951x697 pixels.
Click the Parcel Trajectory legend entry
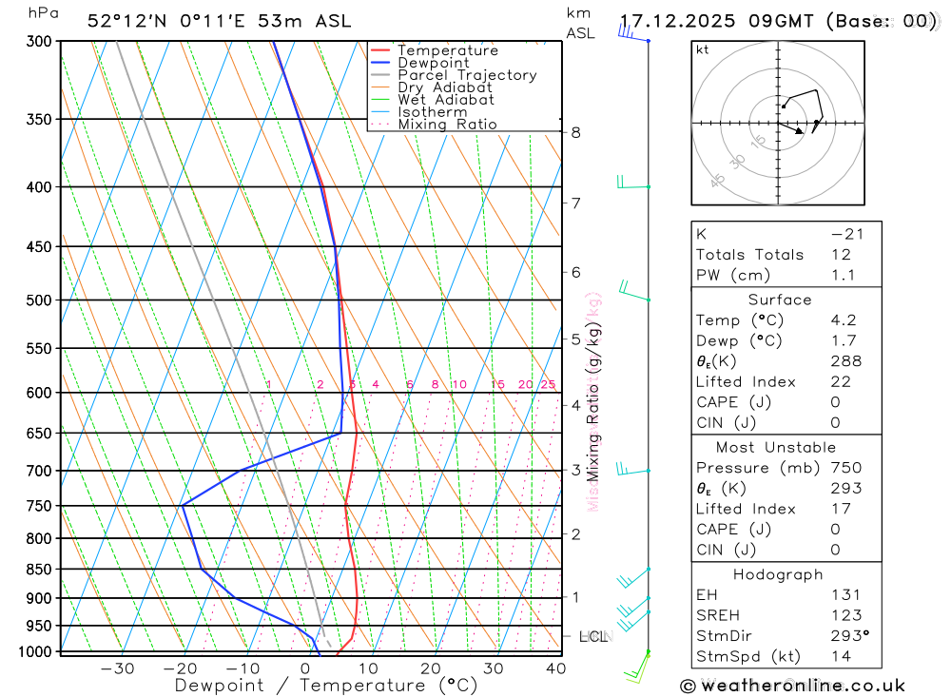click(x=467, y=75)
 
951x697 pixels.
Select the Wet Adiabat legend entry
click(x=446, y=100)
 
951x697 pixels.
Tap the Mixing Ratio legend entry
click(x=447, y=125)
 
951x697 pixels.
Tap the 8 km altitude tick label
click(x=576, y=132)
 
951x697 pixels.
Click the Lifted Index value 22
click(x=841, y=382)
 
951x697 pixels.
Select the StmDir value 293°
click(x=848, y=636)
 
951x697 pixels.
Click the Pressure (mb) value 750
click(x=845, y=468)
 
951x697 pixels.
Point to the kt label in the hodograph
click(x=703, y=49)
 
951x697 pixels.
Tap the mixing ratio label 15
click(x=497, y=384)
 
